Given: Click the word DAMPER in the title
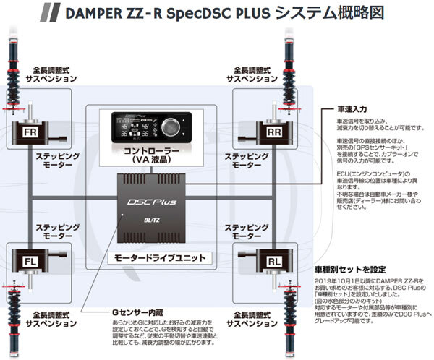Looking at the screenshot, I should [95, 12].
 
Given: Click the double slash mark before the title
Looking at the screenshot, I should [48, 12].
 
